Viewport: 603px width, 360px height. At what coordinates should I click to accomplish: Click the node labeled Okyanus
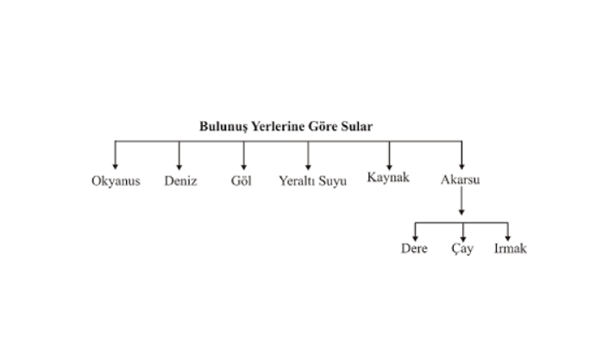point(116,182)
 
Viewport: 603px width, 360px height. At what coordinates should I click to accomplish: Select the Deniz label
point(180,182)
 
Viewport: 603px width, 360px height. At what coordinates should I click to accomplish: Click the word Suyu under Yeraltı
point(332,182)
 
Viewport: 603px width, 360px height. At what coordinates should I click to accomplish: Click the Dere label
point(415,249)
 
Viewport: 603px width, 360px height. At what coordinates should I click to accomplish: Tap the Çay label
point(462,249)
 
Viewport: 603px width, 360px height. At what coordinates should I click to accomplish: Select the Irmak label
point(509,249)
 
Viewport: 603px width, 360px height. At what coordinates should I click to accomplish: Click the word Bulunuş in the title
point(223,126)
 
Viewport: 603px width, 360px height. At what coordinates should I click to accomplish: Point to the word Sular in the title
point(357,126)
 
